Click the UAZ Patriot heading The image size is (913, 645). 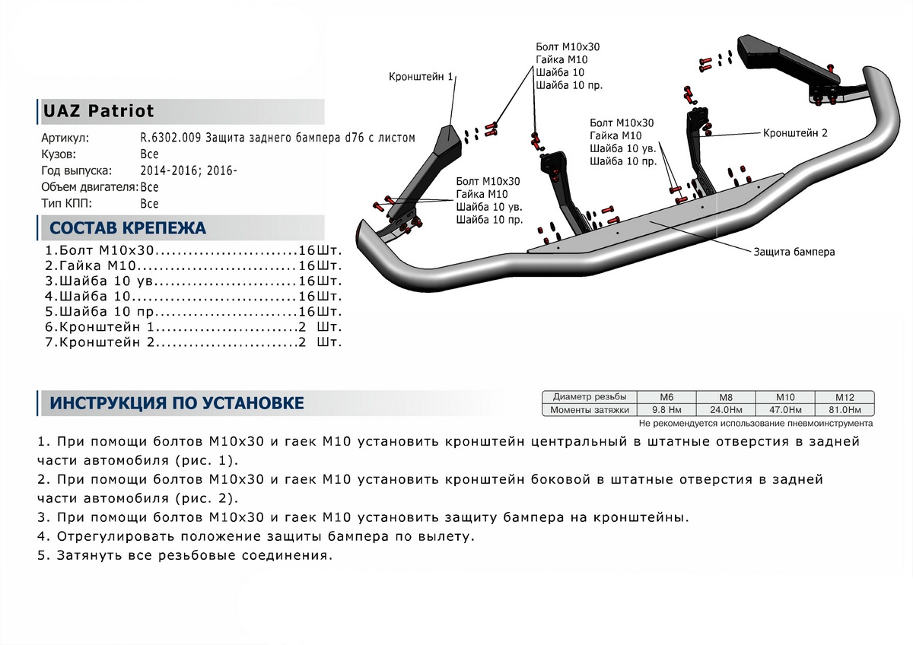pyautogui.click(x=99, y=111)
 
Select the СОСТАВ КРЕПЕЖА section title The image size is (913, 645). pyautogui.click(x=127, y=227)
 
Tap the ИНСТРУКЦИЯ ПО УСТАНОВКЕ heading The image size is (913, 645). pyautogui.click(x=177, y=402)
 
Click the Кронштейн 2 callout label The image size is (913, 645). pyautogui.click(x=794, y=132)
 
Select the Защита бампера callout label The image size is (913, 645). pyautogui.click(x=794, y=252)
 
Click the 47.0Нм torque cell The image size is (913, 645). pyautogui.click(x=785, y=410)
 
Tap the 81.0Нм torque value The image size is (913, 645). pyautogui.click(x=845, y=410)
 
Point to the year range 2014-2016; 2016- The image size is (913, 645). pyautogui.click(x=189, y=170)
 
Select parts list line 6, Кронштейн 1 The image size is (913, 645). pyautogui.click(x=193, y=326)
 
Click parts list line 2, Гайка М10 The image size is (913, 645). pyautogui.click(x=193, y=265)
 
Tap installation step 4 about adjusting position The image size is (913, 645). pyautogui.click(x=255, y=536)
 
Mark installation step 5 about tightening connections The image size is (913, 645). pyautogui.click(x=185, y=555)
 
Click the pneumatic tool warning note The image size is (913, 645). pyautogui.click(x=756, y=423)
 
